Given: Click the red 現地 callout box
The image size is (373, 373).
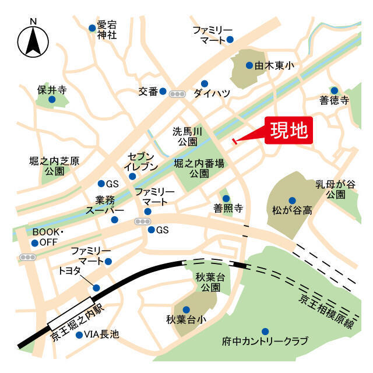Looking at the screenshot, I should [x=290, y=130].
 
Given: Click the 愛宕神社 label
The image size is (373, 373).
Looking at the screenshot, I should [x=107, y=30].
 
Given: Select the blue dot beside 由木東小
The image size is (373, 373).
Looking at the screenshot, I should [x=249, y=66].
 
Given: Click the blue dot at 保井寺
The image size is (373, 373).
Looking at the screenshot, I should [x=52, y=100].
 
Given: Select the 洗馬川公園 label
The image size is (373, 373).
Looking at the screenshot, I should [x=188, y=136].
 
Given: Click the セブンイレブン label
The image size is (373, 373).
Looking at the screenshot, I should [x=142, y=161].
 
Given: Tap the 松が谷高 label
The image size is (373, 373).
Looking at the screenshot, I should [x=291, y=209].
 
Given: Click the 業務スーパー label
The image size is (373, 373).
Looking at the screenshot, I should [x=105, y=204].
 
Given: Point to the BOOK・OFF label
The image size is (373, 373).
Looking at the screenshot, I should [x=47, y=237].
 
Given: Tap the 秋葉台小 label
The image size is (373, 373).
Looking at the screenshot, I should [x=186, y=319].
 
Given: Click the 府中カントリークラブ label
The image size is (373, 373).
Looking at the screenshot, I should [x=265, y=340].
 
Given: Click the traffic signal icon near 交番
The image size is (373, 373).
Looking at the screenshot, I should [x=177, y=93].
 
